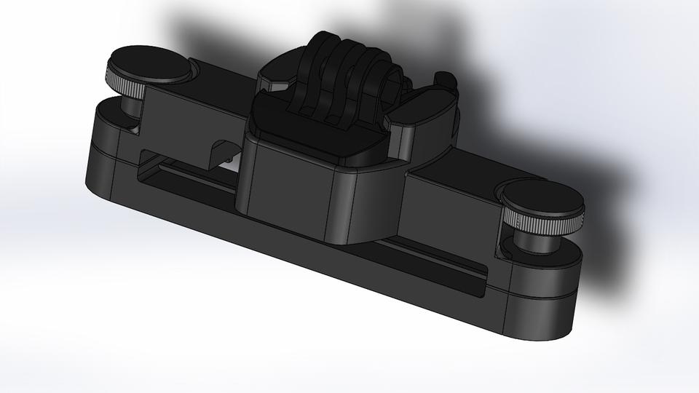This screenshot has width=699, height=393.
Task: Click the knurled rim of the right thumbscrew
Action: (x=546, y=219)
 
